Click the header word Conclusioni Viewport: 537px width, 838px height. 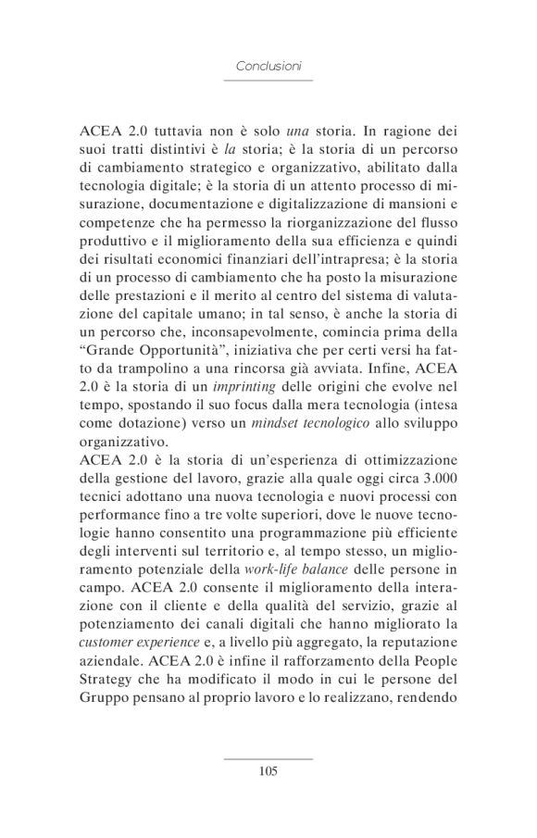pyautogui.click(x=268, y=67)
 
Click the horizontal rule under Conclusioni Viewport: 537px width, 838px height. pyautogui.click(x=268, y=81)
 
